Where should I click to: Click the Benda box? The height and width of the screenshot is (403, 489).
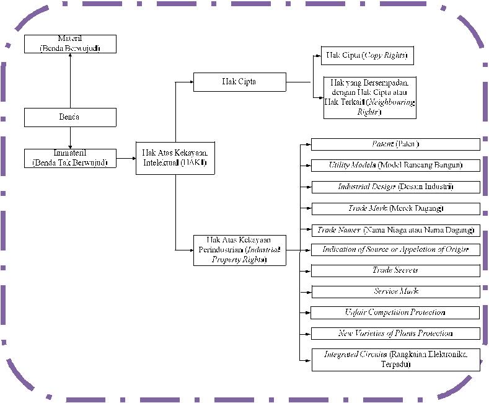coord(70,117)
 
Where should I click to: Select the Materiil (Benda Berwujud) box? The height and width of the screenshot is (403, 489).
coord(70,44)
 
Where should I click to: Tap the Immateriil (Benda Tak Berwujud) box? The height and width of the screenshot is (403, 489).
coord(70,158)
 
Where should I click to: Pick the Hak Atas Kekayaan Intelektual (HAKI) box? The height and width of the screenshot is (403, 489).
coord(175,158)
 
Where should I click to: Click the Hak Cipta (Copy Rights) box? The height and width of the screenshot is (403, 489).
coord(367,55)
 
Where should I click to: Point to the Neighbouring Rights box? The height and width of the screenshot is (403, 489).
coord(369,97)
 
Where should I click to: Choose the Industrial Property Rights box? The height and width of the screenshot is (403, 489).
coord(239,250)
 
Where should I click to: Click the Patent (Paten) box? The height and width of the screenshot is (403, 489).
coord(395,144)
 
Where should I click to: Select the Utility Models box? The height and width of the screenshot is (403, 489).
coord(395,166)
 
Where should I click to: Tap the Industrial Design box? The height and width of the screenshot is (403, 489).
coord(395,187)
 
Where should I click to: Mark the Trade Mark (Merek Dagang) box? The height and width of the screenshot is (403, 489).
coord(395,208)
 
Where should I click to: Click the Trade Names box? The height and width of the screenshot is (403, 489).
coord(395,229)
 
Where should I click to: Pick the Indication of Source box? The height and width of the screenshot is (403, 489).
coord(395,250)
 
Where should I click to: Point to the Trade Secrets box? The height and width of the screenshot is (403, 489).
coord(395,271)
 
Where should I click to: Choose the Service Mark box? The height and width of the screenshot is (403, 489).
coord(395,291)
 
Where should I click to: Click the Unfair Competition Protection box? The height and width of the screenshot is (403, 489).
coord(395,312)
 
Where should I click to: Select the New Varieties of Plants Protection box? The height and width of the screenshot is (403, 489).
coord(395,334)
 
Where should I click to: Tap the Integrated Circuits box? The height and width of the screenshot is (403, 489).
coord(395,360)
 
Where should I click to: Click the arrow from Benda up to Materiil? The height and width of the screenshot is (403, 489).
coord(70,81)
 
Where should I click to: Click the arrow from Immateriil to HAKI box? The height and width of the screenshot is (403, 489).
coord(126,159)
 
